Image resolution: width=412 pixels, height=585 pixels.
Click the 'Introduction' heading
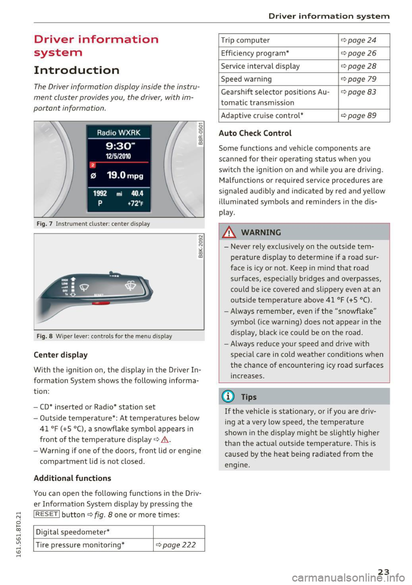click(76, 70)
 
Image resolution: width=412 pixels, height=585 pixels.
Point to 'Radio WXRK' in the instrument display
click(118, 132)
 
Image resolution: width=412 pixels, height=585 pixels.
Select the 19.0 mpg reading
click(125, 175)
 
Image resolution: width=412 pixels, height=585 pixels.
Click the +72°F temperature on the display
click(135, 203)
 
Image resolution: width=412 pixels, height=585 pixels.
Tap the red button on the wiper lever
click(101, 303)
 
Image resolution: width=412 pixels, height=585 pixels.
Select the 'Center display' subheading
click(61, 355)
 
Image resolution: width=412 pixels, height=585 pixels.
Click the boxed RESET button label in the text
click(46, 514)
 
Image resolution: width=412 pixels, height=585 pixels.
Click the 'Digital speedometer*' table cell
click(73, 532)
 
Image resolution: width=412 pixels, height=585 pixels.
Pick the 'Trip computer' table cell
click(245, 40)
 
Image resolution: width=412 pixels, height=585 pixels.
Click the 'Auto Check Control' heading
click(255, 133)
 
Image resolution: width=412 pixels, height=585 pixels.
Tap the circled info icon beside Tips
click(228, 397)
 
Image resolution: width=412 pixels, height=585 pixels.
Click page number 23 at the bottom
click(384, 571)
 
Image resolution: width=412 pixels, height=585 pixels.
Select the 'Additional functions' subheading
click(72, 478)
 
